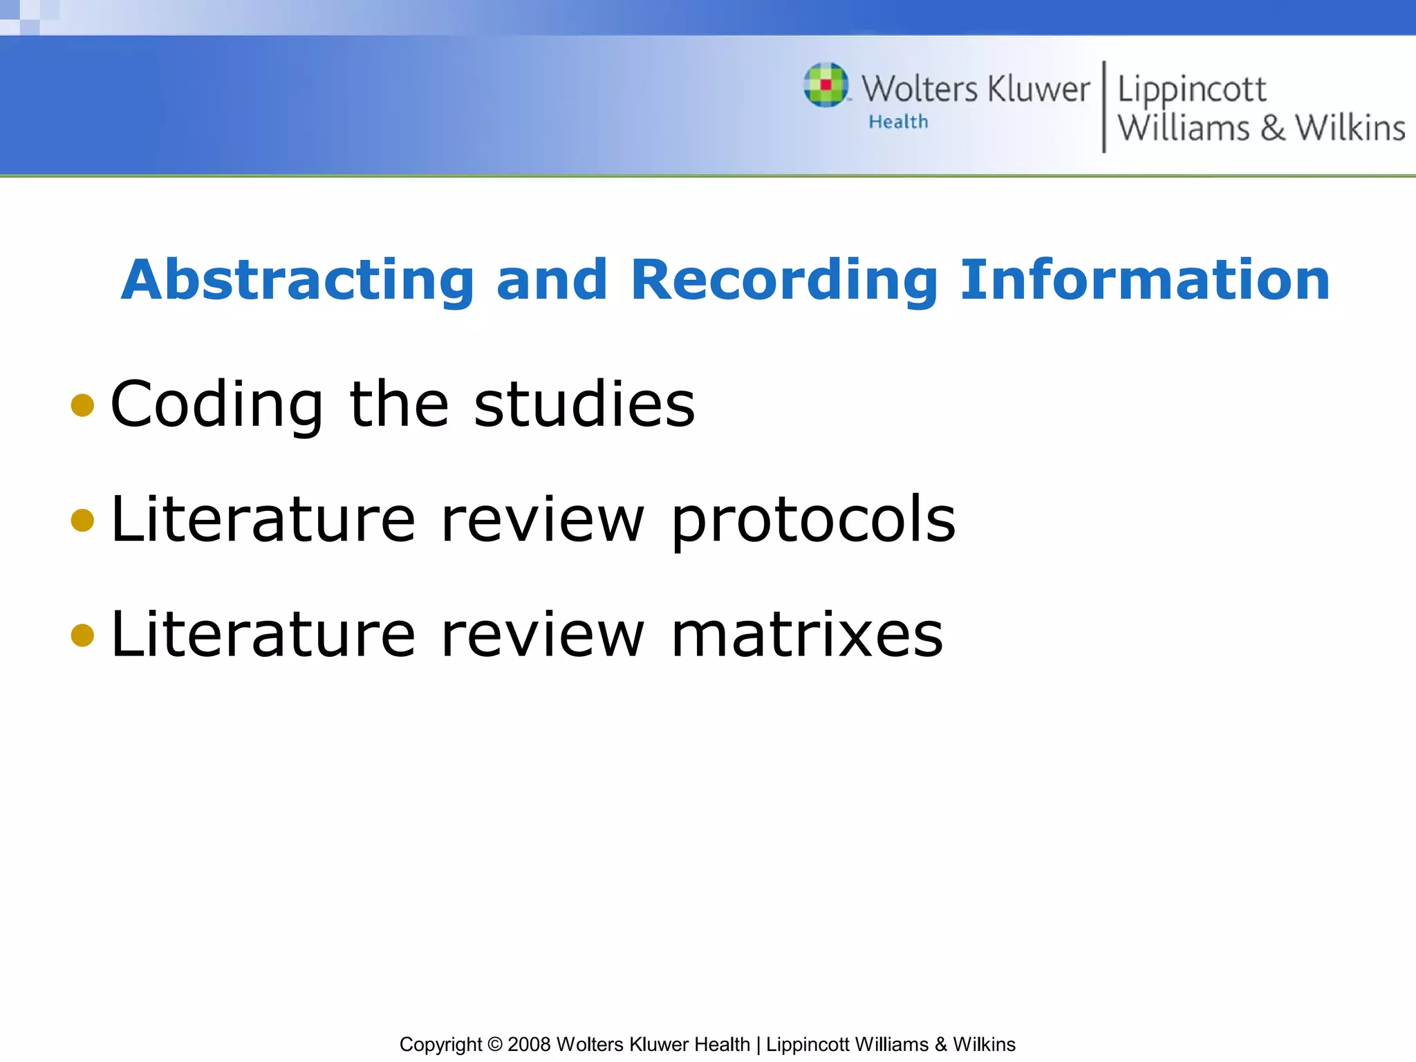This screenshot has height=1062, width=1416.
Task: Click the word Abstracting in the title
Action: (x=297, y=280)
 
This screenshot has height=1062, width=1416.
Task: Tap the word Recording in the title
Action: (x=783, y=280)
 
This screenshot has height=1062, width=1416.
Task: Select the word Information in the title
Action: (x=1145, y=280)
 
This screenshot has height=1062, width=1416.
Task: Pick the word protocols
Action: (x=813, y=520)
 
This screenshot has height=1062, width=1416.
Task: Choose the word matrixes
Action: (x=806, y=635)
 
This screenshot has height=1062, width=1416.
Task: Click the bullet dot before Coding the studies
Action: (x=82, y=405)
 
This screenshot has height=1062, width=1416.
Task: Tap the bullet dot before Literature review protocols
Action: (x=82, y=520)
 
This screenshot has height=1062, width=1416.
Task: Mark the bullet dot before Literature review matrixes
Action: (x=82, y=635)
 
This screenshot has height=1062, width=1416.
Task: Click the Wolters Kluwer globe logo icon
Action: (x=826, y=85)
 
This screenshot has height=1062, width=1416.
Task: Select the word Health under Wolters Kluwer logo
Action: (x=898, y=122)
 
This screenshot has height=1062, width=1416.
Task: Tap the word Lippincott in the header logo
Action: (x=1191, y=90)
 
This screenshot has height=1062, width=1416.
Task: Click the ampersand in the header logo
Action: (x=1272, y=129)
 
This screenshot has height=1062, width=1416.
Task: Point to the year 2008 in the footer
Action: (x=529, y=1044)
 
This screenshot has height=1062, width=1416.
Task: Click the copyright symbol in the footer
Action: (x=494, y=1044)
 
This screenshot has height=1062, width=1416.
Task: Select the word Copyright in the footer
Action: (x=440, y=1044)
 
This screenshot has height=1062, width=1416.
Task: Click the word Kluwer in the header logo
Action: (x=1038, y=90)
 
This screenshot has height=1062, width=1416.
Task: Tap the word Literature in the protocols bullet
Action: (x=263, y=520)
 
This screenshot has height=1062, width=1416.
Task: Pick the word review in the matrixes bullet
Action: (x=543, y=635)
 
